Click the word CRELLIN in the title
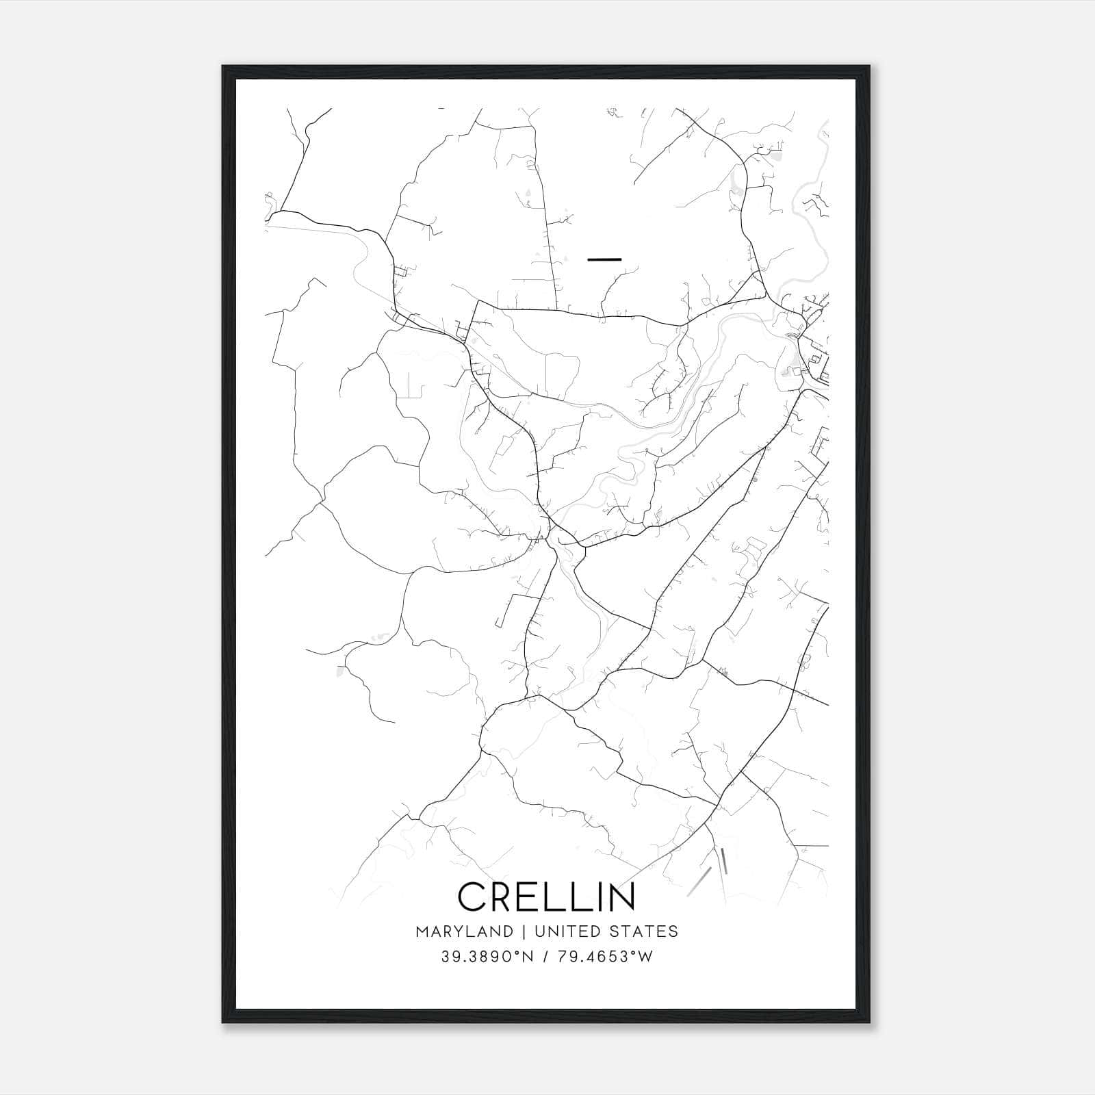point(546,897)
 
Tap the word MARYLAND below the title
point(464,931)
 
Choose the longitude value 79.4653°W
point(605,957)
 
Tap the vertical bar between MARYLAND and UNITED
point(524,931)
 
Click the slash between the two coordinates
point(545,957)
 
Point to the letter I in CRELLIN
point(597,897)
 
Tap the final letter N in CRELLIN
point(621,897)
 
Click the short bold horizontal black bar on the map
point(604,259)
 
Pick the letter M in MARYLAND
point(422,931)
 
